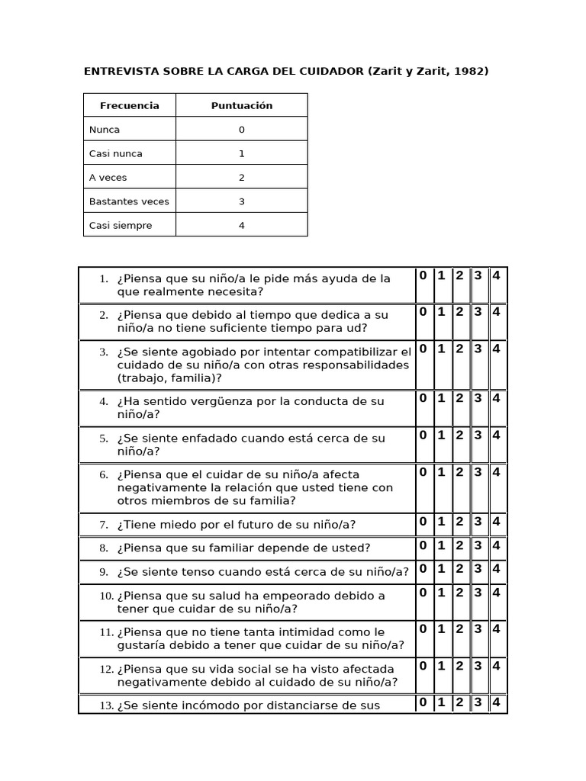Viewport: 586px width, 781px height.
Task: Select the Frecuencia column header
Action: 129,106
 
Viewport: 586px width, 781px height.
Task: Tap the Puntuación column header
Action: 241,106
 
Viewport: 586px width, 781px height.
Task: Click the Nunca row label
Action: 105,130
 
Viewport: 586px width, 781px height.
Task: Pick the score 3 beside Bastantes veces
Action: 241,201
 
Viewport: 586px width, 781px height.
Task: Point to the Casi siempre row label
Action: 121,225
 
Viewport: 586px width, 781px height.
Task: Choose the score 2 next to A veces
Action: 241,178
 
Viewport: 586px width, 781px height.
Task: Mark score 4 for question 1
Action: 497,275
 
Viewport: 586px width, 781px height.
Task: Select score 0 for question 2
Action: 423,311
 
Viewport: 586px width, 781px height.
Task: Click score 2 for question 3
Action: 459,349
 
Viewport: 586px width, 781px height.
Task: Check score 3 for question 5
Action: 478,435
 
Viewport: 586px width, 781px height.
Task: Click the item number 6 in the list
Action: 104,474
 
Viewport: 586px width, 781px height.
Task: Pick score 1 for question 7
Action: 441,522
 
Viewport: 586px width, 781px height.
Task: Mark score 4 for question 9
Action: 497,568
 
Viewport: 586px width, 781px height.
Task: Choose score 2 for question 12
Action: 459,665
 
